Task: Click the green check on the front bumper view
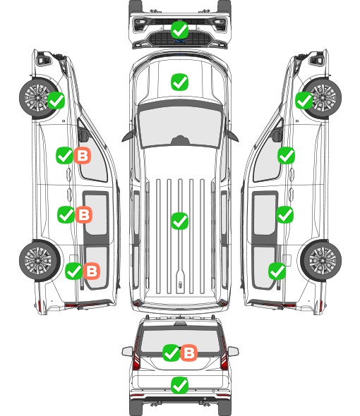point(179,30)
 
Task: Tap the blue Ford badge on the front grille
point(180,41)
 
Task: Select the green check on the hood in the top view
point(179,82)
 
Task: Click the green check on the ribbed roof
point(179,221)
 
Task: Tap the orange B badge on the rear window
point(189,353)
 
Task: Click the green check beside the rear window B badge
point(171,353)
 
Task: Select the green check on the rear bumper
point(179,385)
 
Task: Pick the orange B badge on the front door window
point(83,155)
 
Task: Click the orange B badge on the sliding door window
point(84,214)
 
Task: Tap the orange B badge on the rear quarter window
point(92,271)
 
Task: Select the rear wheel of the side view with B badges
point(40,261)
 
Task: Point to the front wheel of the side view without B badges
point(322,98)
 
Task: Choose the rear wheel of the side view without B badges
point(321,261)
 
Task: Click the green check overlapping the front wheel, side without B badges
point(304,101)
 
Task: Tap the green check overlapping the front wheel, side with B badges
point(56,101)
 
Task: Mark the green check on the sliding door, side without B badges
point(284,214)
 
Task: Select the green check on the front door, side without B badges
point(286,155)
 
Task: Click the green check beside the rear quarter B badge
point(74,271)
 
